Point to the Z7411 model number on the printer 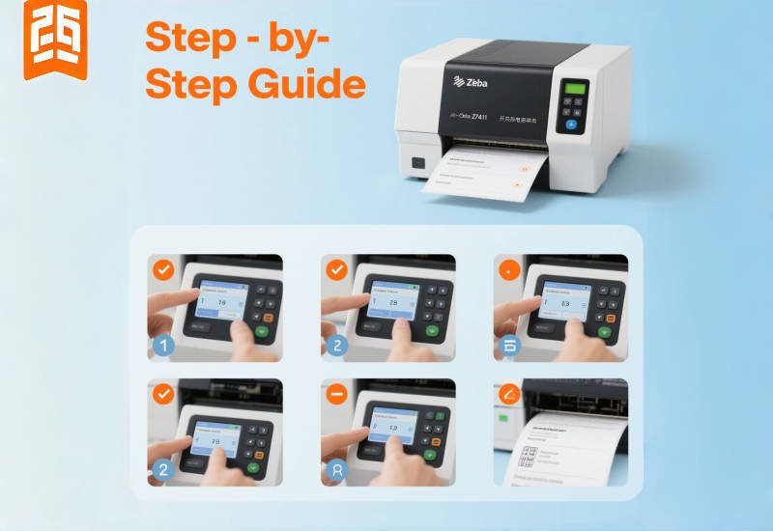(473, 117)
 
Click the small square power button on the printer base (417, 163)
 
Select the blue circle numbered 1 (163, 344)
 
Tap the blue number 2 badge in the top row (336, 344)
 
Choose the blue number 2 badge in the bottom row (163, 470)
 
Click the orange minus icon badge (336, 395)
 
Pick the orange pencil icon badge (508, 395)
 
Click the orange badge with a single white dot (508, 269)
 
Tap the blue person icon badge (336, 470)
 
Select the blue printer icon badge (508, 344)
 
